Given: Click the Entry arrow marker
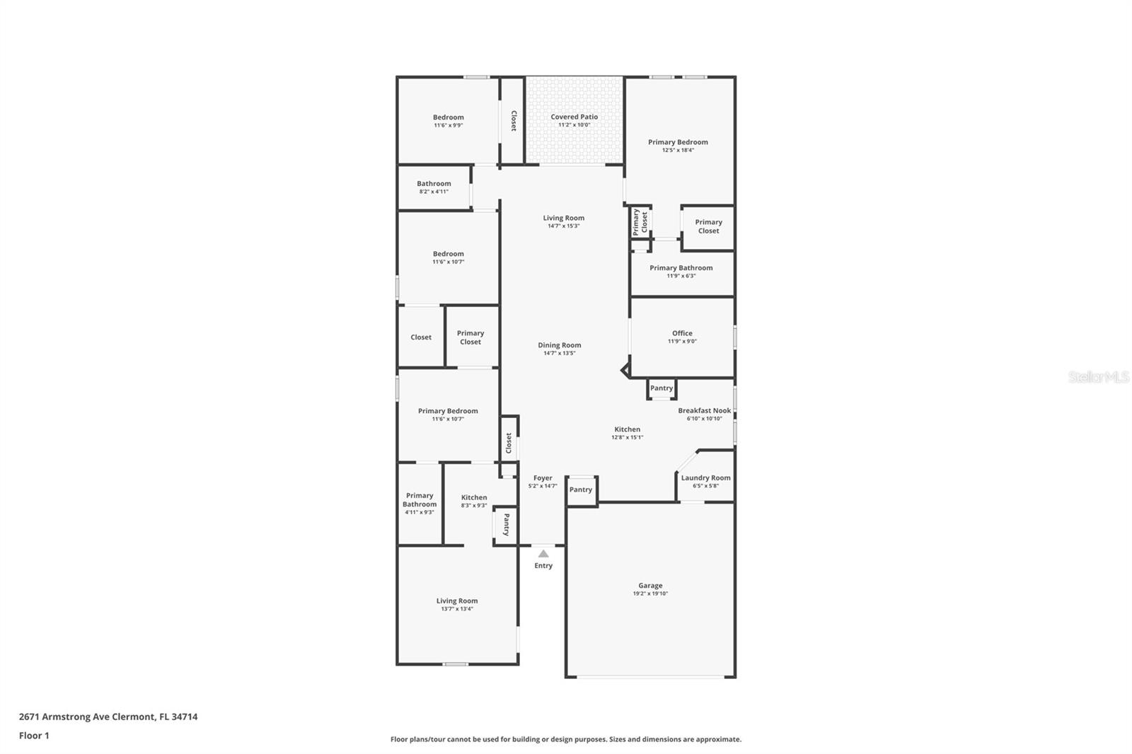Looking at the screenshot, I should click(x=543, y=554).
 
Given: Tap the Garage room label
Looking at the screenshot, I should click(x=650, y=586).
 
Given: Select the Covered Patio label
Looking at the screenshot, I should click(x=574, y=117).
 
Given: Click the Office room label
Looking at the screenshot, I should click(x=682, y=333).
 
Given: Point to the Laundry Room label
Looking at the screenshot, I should click(x=705, y=478).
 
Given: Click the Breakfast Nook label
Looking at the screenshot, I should click(x=704, y=411).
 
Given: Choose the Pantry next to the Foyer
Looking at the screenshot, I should click(x=581, y=490).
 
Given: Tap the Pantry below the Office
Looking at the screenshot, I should click(x=662, y=388).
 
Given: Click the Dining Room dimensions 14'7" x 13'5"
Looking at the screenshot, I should click(x=559, y=354).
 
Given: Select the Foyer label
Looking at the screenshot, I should click(x=543, y=478).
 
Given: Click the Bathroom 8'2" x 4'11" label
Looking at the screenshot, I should click(x=434, y=184).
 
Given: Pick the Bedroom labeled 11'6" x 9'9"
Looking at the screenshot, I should click(x=449, y=118).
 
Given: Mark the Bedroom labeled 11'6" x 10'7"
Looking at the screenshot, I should click(x=449, y=254).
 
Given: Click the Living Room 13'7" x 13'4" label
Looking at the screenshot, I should click(x=456, y=601).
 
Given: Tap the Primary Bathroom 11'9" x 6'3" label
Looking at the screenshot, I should click(x=681, y=268).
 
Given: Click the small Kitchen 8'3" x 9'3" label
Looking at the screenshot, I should click(x=474, y=498).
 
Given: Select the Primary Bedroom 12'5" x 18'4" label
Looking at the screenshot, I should click(x=678, y=142).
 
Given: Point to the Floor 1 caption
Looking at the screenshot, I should click(x=34, y=736).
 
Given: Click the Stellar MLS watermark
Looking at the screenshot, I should click(x=1098, y=378).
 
